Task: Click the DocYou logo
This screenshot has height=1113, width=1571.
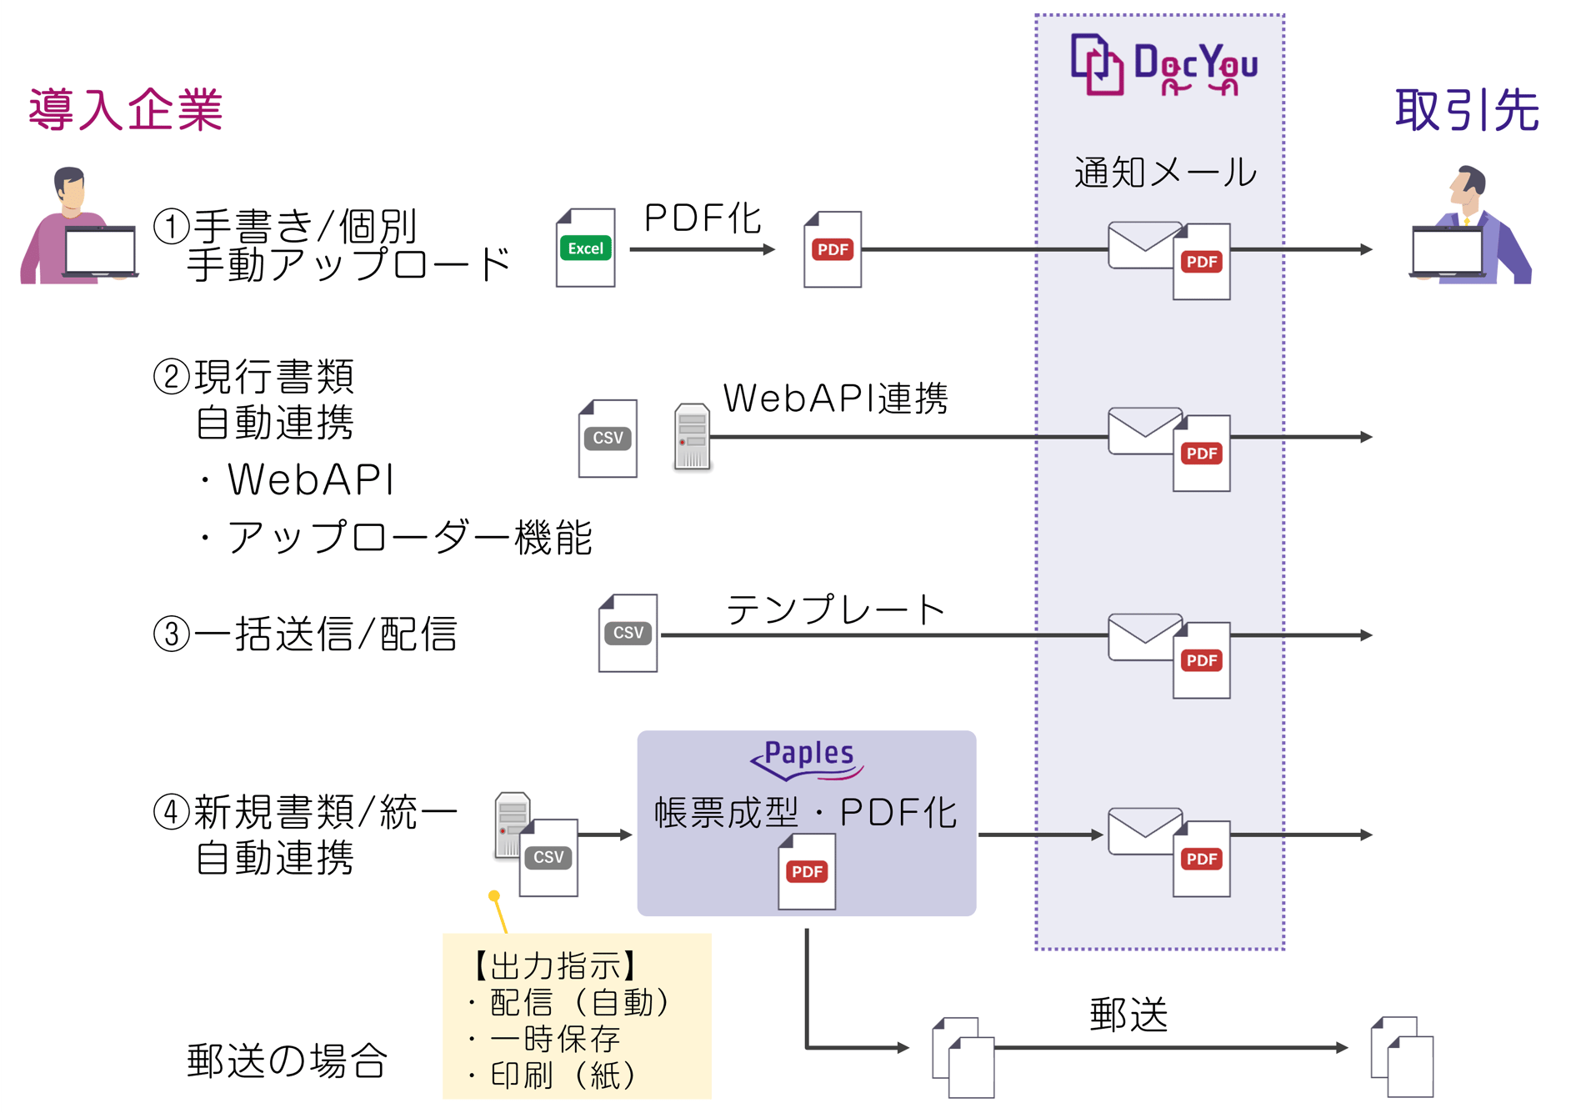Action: (x=1163, y=65)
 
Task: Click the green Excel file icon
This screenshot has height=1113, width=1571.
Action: (x=585, y=248)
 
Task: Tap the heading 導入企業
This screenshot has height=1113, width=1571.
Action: (x=126, y=110)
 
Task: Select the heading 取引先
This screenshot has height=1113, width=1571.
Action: (x=1466, y=110)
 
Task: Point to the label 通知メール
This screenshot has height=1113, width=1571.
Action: (x=1164, y=173)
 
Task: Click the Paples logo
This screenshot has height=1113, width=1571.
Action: (x=807, y=758)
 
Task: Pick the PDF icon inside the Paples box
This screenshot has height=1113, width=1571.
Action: (x=806, y=872)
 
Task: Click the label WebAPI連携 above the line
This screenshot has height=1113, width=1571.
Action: (x=835, y=399)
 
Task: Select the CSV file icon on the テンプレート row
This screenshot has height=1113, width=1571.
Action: (x=628, y=633)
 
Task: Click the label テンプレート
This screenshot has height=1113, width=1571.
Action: (x=835, y=610)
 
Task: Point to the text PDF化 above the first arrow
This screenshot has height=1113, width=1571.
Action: (x=703, y=218)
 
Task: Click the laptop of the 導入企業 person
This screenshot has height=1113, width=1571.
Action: (x=100, y=251)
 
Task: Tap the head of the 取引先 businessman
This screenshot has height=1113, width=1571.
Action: (x=1468, y=184)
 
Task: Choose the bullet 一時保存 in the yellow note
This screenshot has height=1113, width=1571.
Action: (x=555, y=1039)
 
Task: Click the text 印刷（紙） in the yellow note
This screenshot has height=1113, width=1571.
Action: (x=563, y=1075)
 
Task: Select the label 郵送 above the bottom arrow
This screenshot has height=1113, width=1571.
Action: (x=1128, y=1015)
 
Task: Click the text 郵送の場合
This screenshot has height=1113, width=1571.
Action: (x=287, y=1061)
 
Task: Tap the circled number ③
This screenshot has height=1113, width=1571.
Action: (x=172, y=634)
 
